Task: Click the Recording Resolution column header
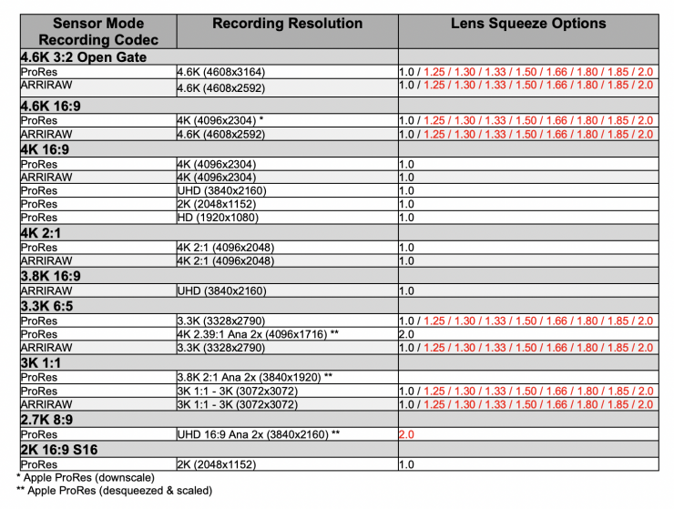(287, 24)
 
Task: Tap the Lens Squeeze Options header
(528, 24)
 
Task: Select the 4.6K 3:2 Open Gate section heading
(84, 57)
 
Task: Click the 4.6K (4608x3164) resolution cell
(222, 71)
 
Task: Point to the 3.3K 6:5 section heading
(49, 306)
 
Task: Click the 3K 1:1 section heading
(42, 362)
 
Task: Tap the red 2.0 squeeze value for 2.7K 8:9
(407, 435)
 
